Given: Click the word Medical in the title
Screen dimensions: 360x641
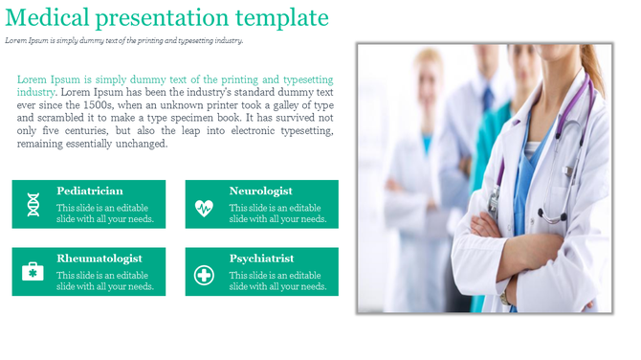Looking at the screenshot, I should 45,18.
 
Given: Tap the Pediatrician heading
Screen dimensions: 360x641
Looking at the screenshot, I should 90,191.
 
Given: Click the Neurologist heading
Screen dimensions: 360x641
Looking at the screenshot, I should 261,191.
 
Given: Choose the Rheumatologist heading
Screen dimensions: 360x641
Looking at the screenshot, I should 99,259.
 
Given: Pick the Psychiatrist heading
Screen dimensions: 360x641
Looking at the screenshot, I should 261,259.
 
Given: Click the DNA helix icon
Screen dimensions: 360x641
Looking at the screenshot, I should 33,205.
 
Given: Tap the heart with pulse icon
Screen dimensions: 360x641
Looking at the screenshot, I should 205,206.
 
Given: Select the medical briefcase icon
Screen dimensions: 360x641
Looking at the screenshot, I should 33,273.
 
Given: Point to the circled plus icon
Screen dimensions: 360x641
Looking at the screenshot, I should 205,275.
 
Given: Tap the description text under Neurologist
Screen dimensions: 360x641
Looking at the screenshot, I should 277,214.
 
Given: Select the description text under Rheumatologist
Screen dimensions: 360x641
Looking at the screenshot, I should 104,281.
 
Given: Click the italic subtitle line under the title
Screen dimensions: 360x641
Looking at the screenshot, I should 124,40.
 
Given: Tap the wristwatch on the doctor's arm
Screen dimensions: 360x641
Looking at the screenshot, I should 503,296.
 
